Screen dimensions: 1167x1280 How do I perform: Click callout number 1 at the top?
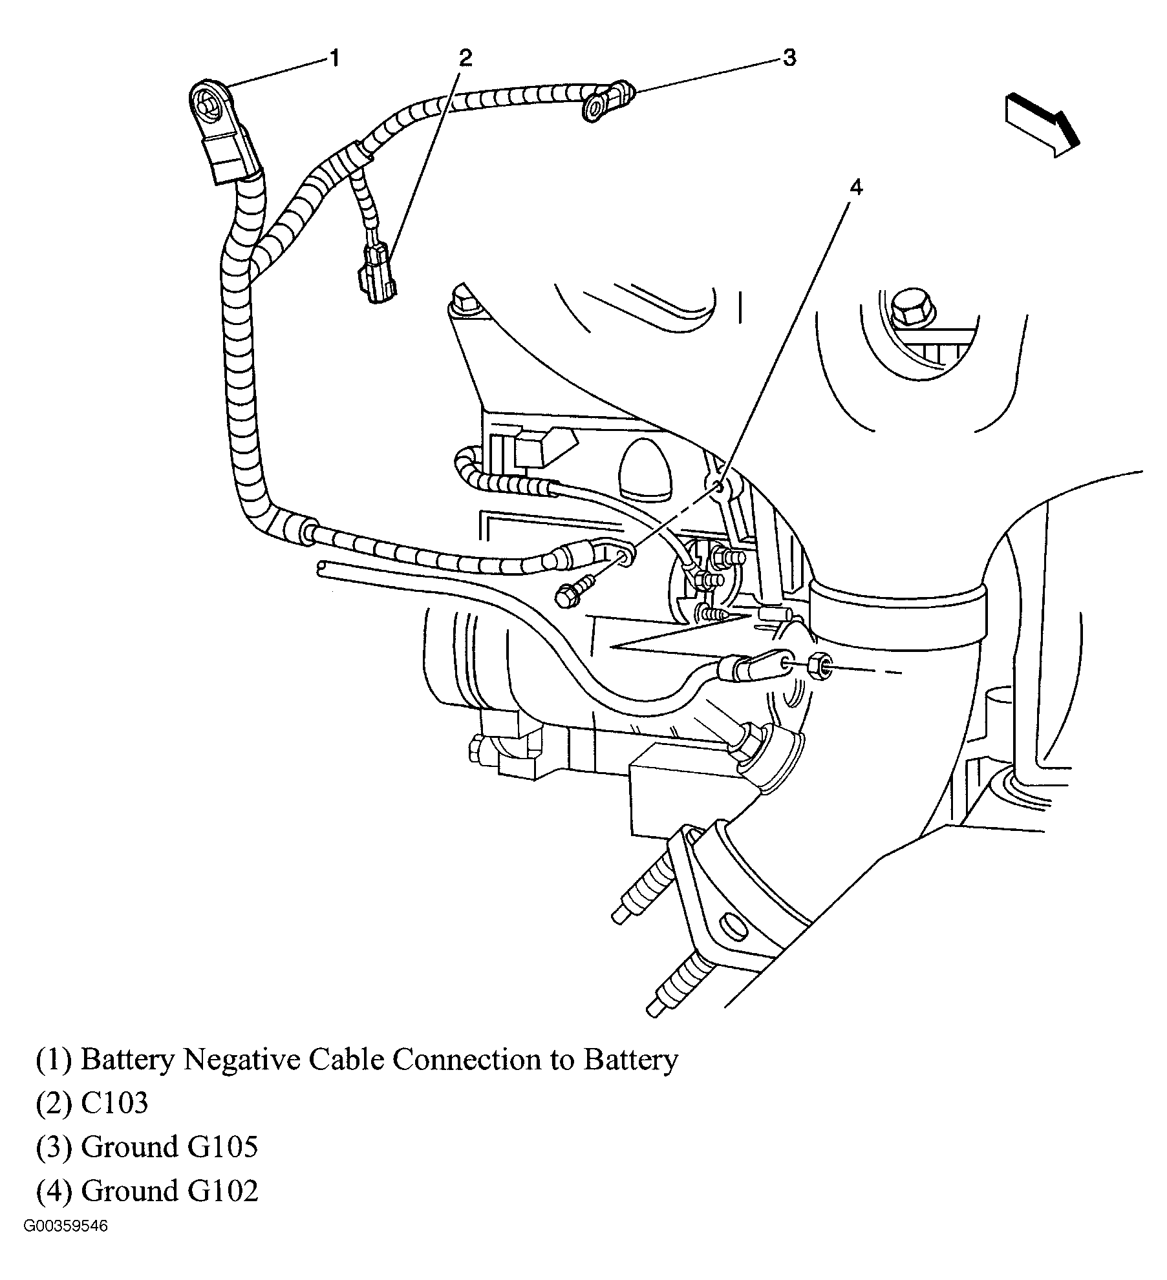(x=334, y=59)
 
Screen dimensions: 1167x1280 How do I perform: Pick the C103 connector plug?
(x=374, y=273)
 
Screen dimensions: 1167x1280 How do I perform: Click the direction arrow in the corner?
(x=1042, y=124)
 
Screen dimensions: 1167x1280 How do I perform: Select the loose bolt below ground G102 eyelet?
(x=572, y=593)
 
